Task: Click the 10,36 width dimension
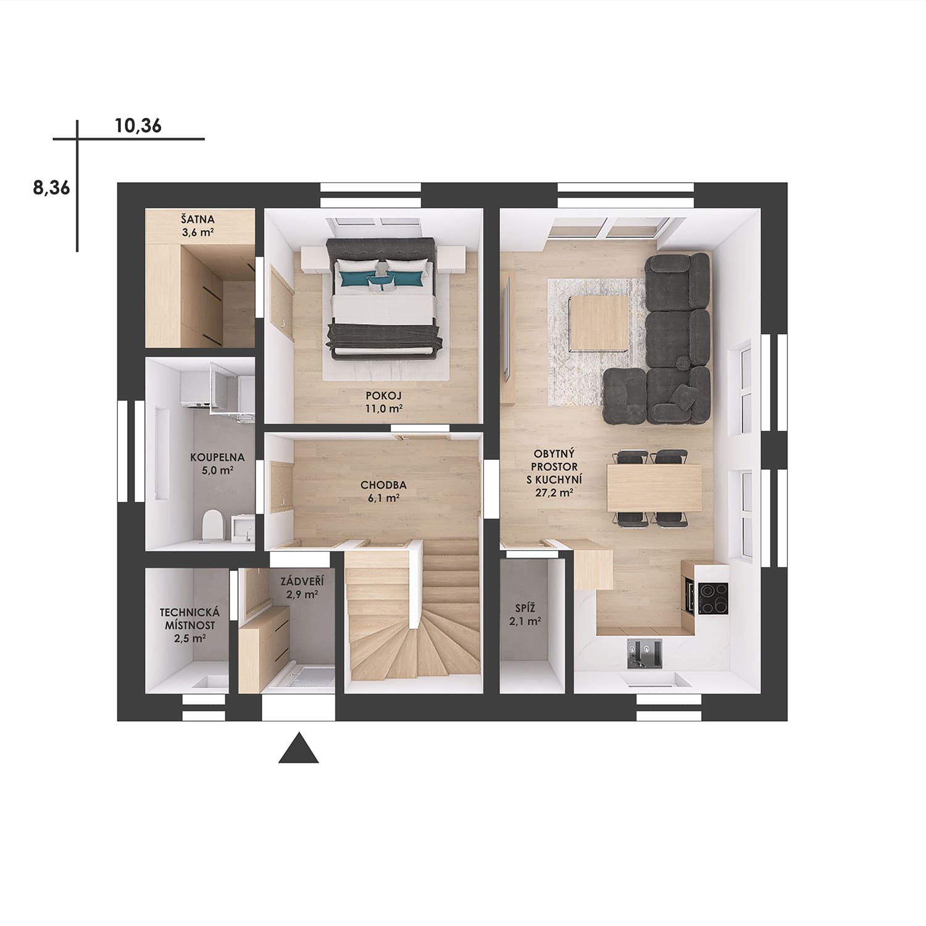pos(138,126)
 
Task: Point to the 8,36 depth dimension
pos(52,188)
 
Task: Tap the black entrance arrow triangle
pos(299,748)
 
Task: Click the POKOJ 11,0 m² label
pos(384,401)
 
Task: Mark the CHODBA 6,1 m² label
pos(383,491)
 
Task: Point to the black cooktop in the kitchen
pos(713,598)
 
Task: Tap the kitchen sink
pos(644,654)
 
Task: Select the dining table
pos(654,488)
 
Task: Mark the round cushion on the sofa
pos(683,362)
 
